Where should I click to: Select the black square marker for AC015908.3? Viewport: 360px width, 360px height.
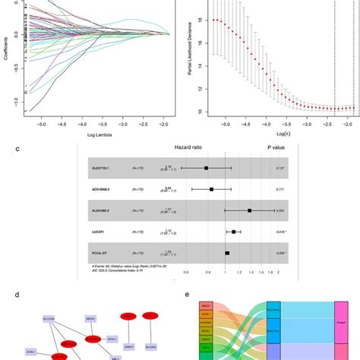pyautogui.click(x=212, y=189)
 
